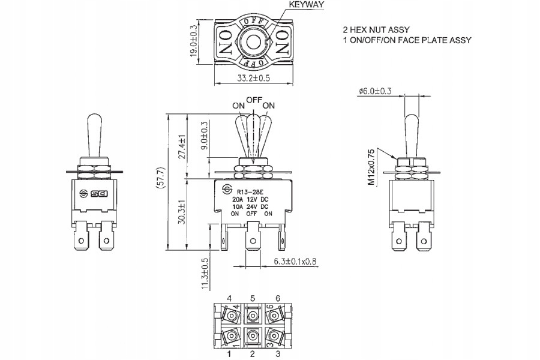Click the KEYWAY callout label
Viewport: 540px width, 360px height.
(x=306, y=5)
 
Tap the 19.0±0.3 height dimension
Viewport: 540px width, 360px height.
(x=194, y=40)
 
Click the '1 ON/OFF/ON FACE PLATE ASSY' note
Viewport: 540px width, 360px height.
(x=407, y=40)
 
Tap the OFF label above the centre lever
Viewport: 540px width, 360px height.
(x=254, y=100)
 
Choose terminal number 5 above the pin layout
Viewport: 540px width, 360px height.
(x=253, y=298)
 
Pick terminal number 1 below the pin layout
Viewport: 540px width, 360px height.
(x=229, y=355)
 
